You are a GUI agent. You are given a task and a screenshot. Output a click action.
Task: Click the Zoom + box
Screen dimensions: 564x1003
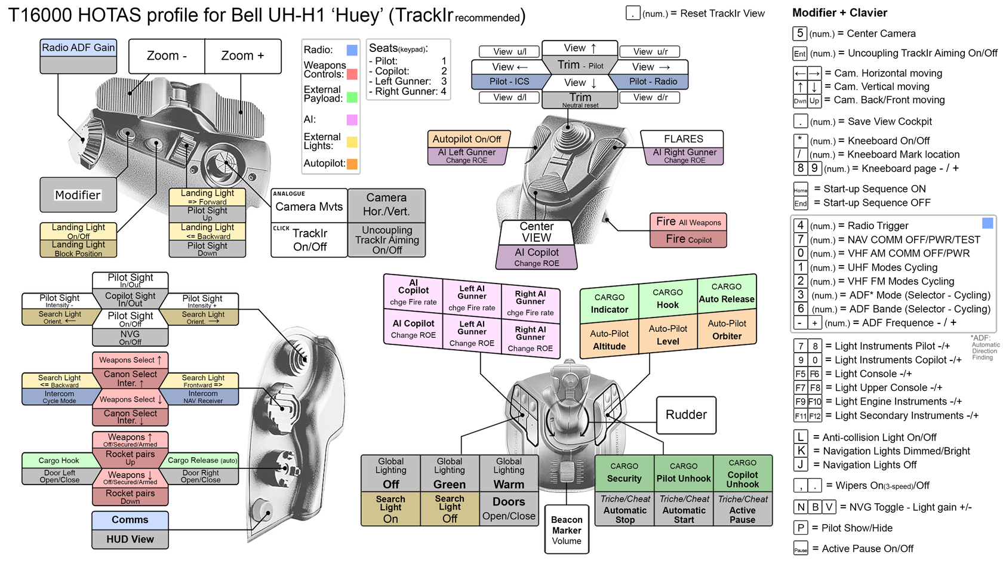242,56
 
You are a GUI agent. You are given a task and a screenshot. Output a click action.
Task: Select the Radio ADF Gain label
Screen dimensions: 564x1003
78,48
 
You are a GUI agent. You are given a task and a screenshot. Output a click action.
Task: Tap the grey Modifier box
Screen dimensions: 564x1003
78,195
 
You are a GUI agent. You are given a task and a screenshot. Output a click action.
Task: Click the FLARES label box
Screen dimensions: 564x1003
683,139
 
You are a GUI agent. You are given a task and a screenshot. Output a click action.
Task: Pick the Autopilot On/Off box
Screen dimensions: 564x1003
467,139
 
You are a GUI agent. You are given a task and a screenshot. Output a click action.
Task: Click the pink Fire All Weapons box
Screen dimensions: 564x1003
688,222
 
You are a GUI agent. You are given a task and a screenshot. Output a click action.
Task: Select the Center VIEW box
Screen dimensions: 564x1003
536,232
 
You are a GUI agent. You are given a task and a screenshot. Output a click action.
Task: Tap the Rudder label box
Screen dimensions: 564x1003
686,415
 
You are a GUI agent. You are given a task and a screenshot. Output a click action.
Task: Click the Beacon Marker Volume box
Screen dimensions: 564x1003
567,530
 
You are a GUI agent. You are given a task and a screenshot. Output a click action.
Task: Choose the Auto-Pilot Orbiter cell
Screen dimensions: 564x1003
727,329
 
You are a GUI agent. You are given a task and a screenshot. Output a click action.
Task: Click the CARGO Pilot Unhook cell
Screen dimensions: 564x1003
684,472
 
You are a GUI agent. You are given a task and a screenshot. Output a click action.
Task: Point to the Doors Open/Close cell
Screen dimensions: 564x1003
509,508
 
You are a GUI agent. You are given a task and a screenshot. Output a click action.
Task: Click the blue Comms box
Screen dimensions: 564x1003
130,520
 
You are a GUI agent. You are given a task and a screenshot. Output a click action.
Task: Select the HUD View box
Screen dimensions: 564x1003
130,540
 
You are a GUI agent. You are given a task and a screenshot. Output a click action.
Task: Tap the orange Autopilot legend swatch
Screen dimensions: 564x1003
352,164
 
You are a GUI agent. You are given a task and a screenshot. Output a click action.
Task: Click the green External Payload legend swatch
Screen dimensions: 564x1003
352,97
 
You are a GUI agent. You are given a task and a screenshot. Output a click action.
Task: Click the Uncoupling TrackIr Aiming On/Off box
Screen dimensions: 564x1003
387,240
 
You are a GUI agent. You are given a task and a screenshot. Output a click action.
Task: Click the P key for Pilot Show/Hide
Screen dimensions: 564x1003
801,528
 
